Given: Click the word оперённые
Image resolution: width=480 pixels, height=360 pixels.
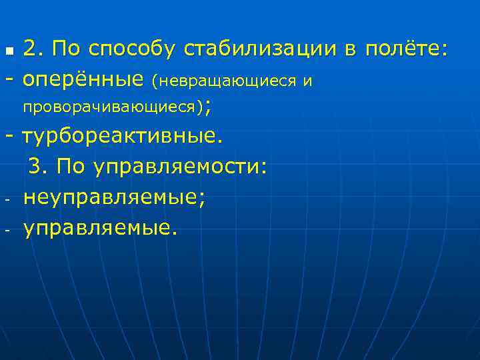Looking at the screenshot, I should (x=83, y=81).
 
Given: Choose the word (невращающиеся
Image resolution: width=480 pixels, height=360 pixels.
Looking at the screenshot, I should (x=223, y=81).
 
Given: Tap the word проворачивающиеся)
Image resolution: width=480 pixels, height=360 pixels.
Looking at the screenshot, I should (x=113, y=106).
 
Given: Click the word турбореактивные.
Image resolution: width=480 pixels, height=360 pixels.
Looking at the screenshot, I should (x=119, y=137).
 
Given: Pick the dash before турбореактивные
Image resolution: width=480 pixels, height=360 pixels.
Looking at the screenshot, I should (x=9, y=137).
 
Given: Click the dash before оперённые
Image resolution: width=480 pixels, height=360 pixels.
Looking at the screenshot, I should (x=9, y=80).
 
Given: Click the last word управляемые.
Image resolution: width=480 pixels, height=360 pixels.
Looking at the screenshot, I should (x=100, y=229).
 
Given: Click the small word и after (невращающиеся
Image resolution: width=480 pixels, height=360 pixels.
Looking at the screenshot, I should (x=307, y=81).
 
